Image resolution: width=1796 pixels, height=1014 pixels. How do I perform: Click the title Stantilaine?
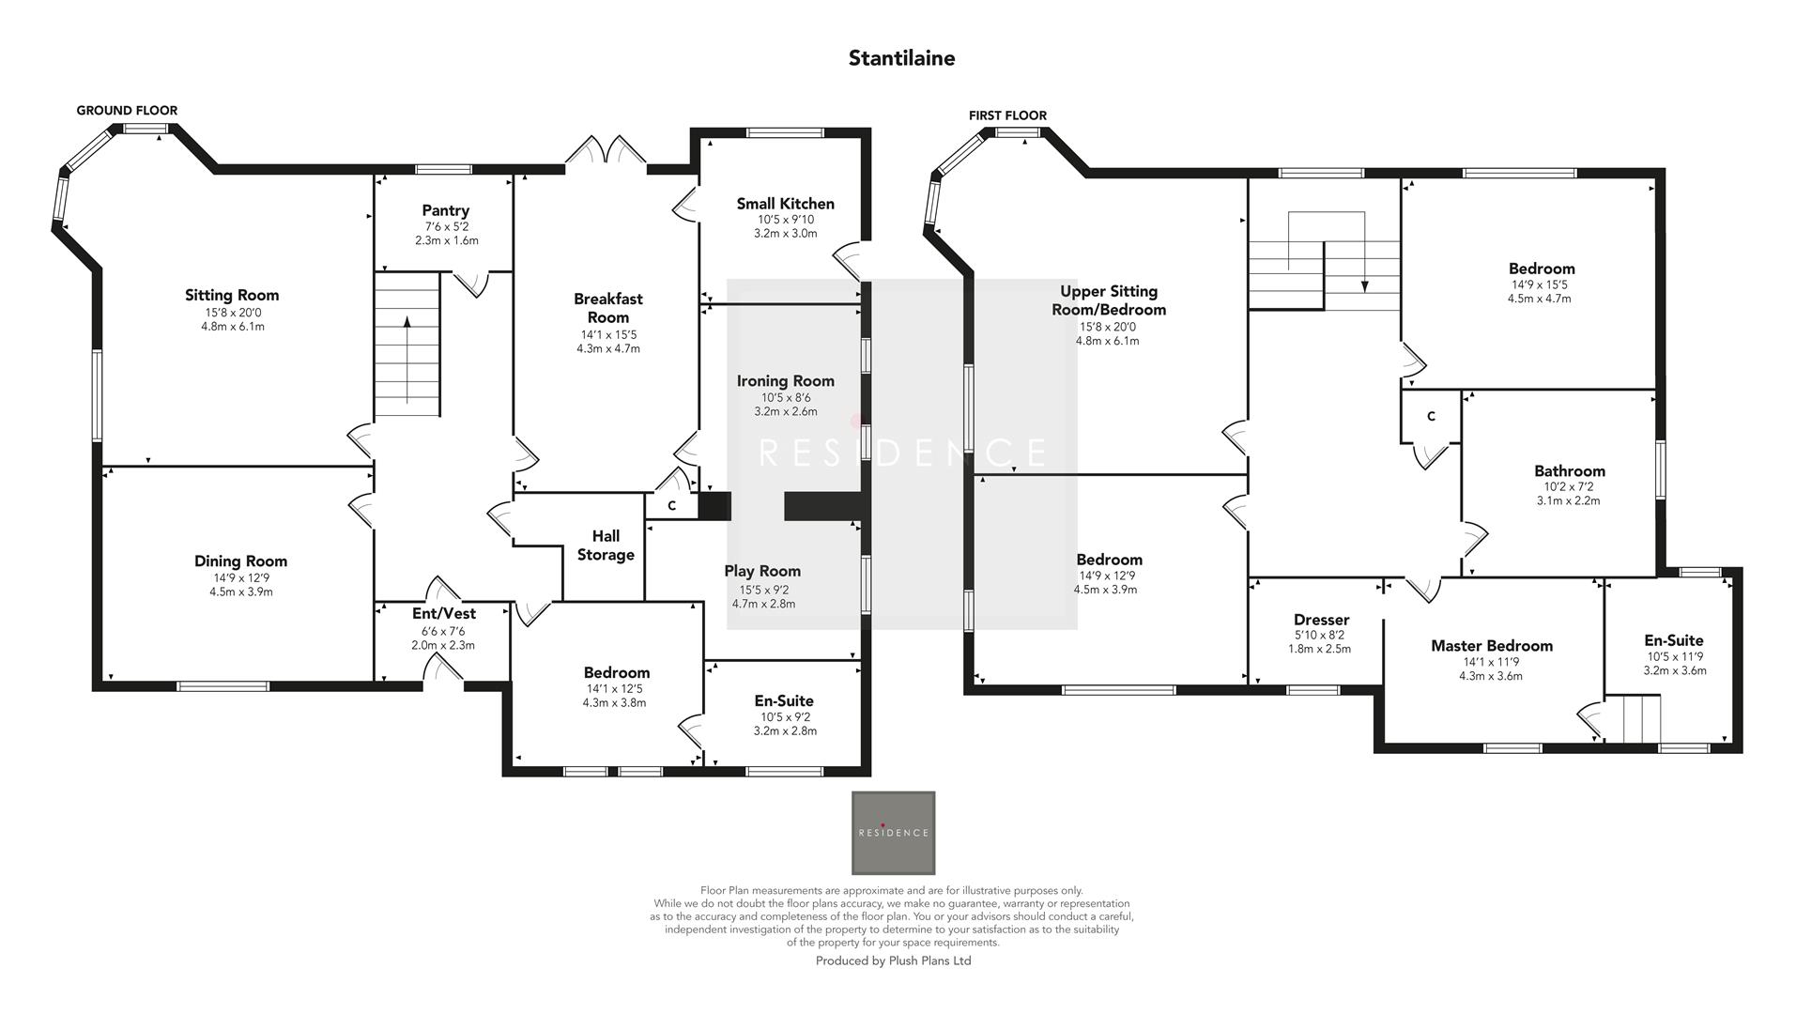(x=901, y=58)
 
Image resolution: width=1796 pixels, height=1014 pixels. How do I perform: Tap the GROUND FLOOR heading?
(x=127, y=111)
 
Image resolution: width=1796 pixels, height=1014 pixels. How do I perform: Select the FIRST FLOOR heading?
(x=1007, y=115)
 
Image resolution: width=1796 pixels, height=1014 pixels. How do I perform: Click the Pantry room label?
(x=445, y=210)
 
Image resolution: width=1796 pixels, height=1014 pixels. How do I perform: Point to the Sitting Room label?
(x=232, y=295)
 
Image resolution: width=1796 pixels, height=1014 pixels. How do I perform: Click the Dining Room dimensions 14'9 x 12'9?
(x=241, y=577)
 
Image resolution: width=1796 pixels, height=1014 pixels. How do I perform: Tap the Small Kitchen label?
(x=785, y=204)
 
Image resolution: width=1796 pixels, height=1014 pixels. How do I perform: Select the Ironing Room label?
(x=785, y=380)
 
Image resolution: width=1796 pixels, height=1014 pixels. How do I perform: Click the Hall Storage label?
(x=606, y=545)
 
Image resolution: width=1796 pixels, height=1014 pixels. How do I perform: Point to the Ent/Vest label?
(x=444, y=613)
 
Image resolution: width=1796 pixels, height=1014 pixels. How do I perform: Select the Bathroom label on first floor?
(x=1569, y=470)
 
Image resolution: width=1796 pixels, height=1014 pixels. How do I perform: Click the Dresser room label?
(x=1321, y=620)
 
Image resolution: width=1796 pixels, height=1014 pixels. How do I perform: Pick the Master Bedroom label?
(x=1491, y=645)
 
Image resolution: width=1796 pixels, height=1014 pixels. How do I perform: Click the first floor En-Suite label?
(x=1673, y=640)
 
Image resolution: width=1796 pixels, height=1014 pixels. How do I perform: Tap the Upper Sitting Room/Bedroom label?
(x=1109, y=300)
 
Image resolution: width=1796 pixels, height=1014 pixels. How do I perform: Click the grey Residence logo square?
(x=893, y=833)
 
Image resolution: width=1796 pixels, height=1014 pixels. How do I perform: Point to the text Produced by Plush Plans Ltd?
(x=893, y=960)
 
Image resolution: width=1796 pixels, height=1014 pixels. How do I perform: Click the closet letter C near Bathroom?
(x=1431, y=417)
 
